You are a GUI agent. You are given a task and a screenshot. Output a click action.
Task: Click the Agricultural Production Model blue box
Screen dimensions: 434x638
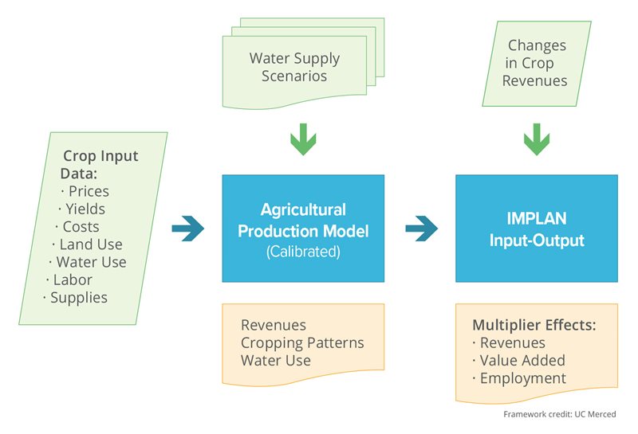303,229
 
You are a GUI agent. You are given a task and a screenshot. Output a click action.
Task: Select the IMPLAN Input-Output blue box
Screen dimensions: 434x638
536,229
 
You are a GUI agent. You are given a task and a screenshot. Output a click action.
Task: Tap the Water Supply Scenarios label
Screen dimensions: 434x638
294,67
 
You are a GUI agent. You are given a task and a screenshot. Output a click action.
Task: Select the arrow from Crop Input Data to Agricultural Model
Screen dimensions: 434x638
189,229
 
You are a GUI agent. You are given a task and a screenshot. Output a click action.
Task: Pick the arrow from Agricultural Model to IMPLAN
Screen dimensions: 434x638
422,229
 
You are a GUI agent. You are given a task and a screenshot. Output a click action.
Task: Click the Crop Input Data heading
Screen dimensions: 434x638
100,164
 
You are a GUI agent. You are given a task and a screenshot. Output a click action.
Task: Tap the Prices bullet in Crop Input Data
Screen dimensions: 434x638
89,191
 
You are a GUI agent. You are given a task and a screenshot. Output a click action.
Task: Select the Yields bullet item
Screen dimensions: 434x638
85,209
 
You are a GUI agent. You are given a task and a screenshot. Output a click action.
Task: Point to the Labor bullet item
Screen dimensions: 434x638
73,280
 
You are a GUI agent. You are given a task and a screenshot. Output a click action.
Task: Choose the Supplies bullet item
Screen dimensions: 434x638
78,298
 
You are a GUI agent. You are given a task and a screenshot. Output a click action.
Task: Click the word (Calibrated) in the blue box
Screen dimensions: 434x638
303,251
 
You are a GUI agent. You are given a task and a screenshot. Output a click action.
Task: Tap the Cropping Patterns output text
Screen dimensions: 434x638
302,342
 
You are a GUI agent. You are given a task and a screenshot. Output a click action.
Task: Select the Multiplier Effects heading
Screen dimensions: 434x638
534,325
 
